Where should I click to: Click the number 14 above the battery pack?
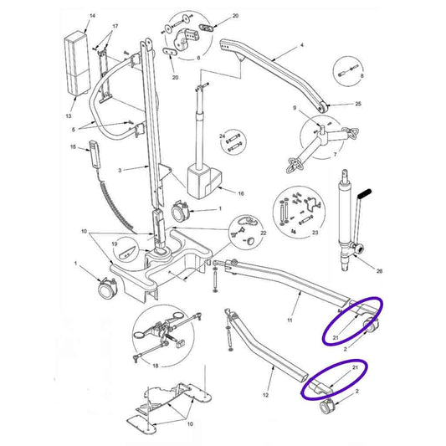[x=92, y=17]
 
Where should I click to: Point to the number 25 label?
[x=358, y=104]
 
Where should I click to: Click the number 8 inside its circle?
[x=361, y=76]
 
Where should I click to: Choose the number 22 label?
[x=263, y=233]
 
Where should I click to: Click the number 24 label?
[x=223, y=135]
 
